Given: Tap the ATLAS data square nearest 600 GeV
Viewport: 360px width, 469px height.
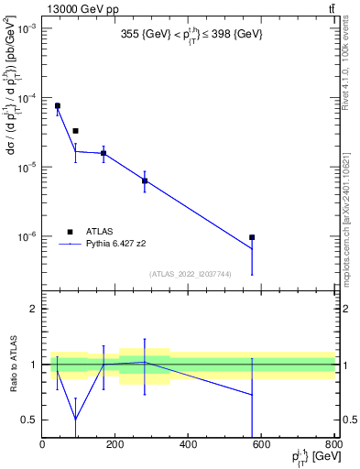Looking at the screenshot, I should coord(252,237).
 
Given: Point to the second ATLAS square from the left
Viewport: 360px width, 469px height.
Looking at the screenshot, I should coord(75,131).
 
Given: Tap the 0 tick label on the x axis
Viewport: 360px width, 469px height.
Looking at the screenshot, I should coord(42,444).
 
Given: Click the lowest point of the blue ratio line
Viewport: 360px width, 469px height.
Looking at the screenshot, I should coord(75,420).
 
